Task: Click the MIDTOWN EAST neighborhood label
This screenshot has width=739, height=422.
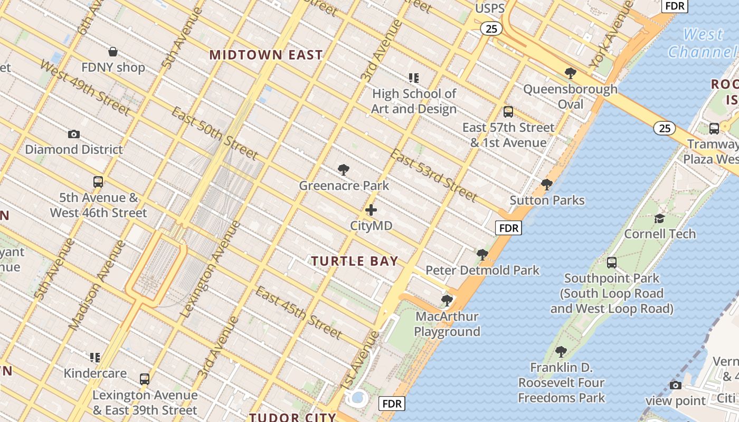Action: [266, 55]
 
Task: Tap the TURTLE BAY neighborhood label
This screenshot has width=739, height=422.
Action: [354, 261]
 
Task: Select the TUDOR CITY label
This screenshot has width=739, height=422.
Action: [292, 417]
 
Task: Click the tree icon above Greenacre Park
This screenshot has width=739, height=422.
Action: [344, 170]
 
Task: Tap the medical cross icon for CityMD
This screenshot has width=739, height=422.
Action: [371, 210]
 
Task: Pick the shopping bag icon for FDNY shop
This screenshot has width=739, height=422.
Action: [112, 52]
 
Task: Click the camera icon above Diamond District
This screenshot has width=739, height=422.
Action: [74, 134]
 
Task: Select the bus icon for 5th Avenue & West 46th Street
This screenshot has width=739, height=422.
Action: [98, 182]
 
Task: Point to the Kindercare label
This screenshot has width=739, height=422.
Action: [95, 373]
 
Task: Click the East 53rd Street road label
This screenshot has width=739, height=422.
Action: [433, 175]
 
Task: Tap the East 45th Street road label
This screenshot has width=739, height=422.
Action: [299, 313]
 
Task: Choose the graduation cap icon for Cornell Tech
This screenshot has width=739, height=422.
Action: [659, 218]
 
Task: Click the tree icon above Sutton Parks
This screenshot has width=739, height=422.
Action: [547, 185]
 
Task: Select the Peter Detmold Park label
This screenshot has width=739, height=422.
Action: [482, 270]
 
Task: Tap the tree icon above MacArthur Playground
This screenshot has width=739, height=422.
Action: [447, 301]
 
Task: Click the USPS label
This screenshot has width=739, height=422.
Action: [490, 8]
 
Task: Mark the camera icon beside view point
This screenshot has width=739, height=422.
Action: [675, 385]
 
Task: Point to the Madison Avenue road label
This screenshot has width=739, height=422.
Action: [97, 285]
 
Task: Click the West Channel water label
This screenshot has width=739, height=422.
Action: [702, 43]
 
